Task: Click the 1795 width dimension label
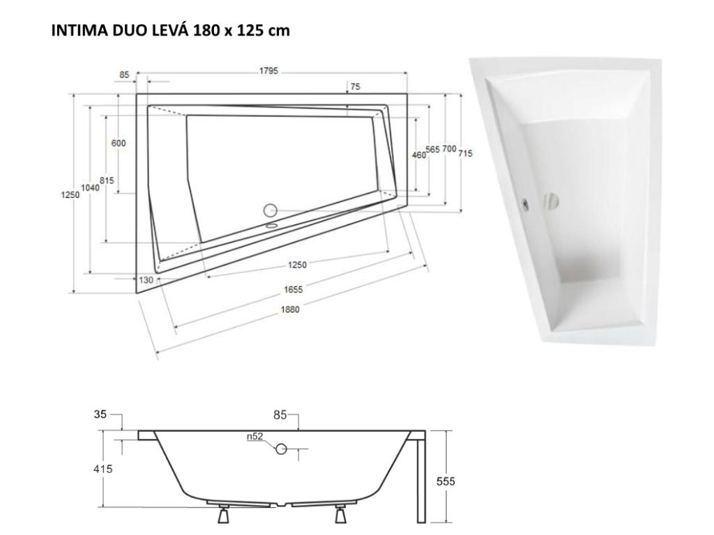tap(268, 71)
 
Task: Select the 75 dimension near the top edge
tap(355, 86)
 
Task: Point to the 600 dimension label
tap(119, 143)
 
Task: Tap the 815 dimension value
tap(107, 180)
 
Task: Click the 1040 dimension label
tap(90, 187)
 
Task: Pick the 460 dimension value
tap(419, 155)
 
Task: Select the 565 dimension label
tap(432, 149)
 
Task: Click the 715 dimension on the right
tap(465, 154)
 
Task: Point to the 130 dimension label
tap(146, 280)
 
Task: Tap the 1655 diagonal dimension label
tap(293, 289)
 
